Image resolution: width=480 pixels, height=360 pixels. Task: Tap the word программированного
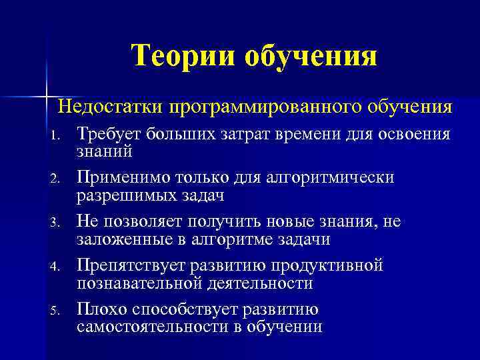pyautogui.click(x=261, y=106)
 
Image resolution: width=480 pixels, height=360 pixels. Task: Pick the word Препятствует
pyautogui.click(x=132, y=265)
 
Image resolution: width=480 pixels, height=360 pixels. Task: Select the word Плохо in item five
pyautogui.click(x=100, y=309)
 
